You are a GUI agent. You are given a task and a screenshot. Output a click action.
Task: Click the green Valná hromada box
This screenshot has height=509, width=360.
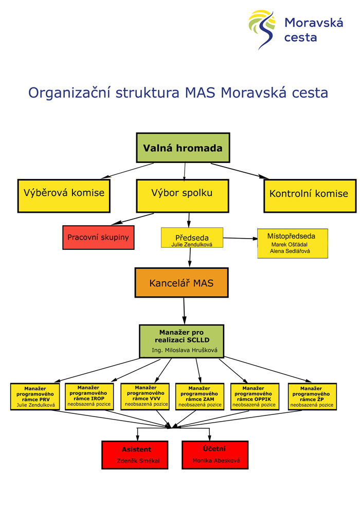pos(183,148)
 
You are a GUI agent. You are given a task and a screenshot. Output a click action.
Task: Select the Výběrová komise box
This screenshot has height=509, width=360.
pos(64,195)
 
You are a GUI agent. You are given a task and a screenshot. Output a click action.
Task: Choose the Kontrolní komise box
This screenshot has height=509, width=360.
pos(309,195)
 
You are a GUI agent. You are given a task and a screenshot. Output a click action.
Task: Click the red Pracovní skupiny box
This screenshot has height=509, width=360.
pos(98,238)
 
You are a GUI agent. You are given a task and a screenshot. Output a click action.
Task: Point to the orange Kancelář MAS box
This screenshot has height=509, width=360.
pos(181,283)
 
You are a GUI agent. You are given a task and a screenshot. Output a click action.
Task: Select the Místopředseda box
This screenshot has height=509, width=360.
pos(293,243)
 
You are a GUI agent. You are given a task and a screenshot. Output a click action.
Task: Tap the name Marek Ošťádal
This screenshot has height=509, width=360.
pos(289,245)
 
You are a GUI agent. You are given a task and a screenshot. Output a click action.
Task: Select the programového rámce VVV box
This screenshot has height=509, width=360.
pos(146,396)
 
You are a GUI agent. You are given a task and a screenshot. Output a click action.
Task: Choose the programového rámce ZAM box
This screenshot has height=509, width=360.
pos(200,396)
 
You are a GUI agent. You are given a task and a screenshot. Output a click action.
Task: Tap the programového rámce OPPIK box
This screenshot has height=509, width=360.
pos(255,396)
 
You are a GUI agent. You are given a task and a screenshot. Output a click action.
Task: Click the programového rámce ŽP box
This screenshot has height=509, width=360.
pos(312,396)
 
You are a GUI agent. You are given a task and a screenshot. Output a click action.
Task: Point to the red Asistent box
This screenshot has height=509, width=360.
pos(136,455)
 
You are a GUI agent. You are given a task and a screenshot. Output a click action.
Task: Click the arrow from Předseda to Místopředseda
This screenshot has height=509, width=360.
pos(240,238)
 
